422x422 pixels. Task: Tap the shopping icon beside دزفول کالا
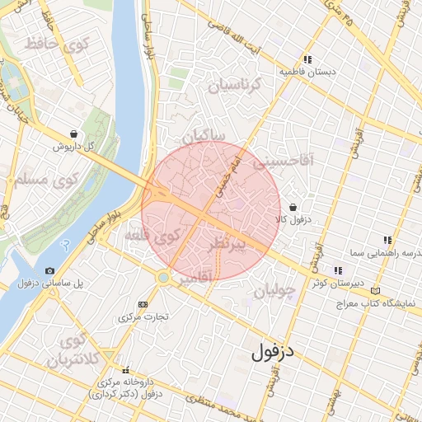(x=293, y=208)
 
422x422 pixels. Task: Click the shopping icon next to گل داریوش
(x=74, y=134)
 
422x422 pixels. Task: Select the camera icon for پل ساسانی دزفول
(x=50, y=271)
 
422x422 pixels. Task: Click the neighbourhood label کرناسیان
(x=233, y=85)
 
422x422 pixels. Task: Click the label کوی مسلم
(x=41, y=177)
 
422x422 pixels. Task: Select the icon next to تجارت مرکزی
(x=143, y=304)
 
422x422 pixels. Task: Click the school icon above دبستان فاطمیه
(x=307, y=59)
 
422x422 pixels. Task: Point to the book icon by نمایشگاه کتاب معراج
(x=376, y=291)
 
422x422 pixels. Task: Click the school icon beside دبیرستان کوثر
(x=337, y=270)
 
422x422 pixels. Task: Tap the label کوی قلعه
(x=153, y=237)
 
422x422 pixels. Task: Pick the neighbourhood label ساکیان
(x=206, y=135)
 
